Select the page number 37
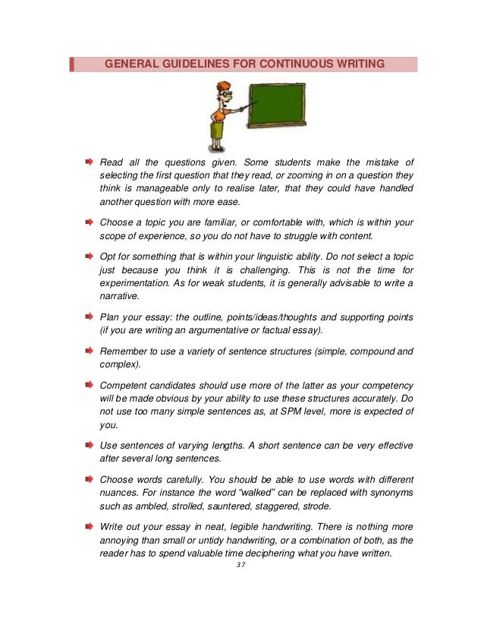(x=242, y=564)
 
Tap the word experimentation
(x=136, y=283)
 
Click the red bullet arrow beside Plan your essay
(x=89, y=317)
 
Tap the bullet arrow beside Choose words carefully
(x=89, y=479)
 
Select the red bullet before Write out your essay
(x=89, y=526)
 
